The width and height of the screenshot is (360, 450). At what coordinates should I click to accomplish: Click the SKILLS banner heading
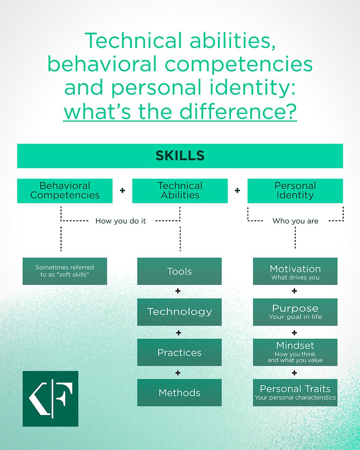[x=180, y=156]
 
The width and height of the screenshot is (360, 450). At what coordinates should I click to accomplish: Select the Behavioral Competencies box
[x=65, y=191]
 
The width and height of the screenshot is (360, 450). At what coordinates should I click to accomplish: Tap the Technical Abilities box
[x=180, y=191]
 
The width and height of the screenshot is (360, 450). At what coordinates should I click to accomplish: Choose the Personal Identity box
[x=295, y=191]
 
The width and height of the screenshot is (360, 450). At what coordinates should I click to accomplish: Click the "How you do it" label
[x=120, y=221]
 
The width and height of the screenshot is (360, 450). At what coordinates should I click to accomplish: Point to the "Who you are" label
[x=295, y=221]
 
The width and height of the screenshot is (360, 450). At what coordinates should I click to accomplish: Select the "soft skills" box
[x=65, y=271]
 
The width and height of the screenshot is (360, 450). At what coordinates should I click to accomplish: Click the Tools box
[x=179, y=271]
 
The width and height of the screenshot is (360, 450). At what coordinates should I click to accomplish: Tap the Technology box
[x=179, y=312]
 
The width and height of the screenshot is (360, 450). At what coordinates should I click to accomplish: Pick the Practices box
[x=179, y=352]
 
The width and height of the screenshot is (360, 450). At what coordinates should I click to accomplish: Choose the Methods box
[x=179, y=393]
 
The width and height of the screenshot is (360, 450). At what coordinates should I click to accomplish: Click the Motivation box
[x=295, y=271]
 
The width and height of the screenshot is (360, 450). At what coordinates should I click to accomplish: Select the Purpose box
[x=295, y=312]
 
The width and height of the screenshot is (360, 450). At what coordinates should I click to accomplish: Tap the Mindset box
[x=295, y=352]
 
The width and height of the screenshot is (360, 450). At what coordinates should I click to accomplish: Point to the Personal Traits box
[x=295, y=393]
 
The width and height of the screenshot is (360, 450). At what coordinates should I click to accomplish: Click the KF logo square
[x=50, y=399]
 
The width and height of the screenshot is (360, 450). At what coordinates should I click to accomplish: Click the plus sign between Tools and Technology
[x=178, y=291]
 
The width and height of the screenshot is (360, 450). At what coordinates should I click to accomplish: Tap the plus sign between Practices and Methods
[x=178, y=373]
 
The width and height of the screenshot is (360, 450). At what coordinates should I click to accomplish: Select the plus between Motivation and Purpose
[x=294, y=291]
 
